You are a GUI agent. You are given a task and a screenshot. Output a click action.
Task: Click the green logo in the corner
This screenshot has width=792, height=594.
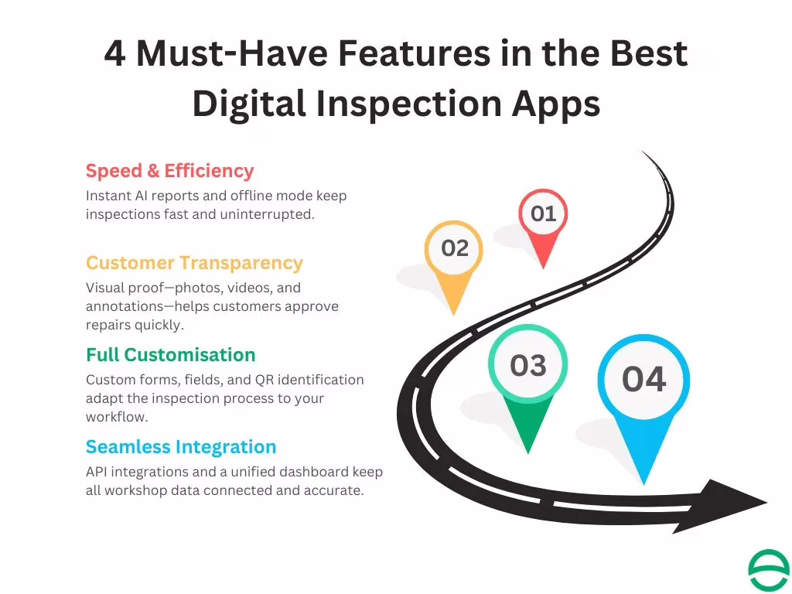point(768,571)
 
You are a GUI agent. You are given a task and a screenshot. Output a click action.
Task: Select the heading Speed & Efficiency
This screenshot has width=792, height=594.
point(169,171)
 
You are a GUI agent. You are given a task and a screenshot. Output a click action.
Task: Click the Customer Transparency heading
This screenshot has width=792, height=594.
point(194,263)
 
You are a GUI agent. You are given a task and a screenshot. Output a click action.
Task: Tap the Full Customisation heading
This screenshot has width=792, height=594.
point(170,355)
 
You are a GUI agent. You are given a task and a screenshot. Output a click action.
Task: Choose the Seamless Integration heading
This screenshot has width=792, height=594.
point(181,447)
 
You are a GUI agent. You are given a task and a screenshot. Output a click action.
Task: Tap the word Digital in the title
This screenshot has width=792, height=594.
point(246,104)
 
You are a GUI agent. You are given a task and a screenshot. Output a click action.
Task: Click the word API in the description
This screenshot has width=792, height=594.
point(98,472)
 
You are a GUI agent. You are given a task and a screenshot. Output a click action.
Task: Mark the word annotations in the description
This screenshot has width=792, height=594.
point(124,306)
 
